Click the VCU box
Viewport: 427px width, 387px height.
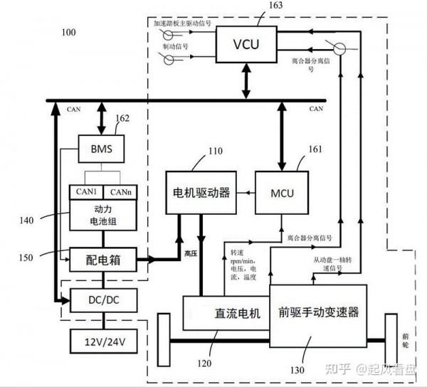point(246,44)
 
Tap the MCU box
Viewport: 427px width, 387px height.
point(282,192)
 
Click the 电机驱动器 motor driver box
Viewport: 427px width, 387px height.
point(201,192)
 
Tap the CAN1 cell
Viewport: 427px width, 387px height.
point(85,192)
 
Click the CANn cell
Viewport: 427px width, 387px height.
point(120,192)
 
